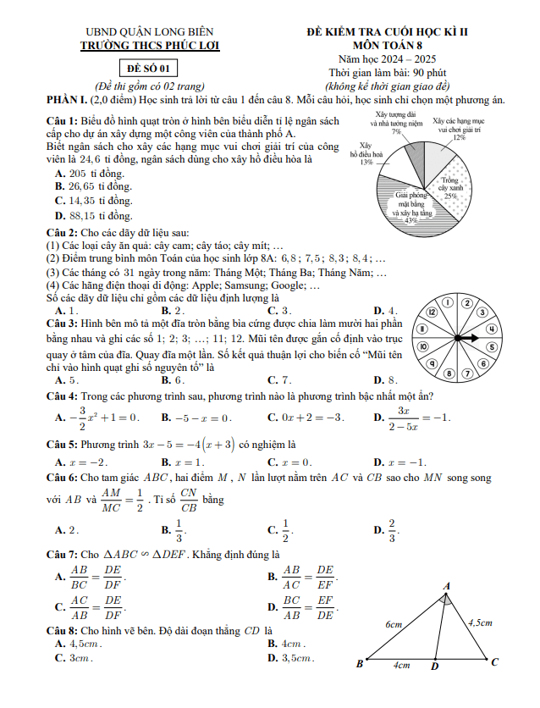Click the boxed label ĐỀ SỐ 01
(x=148, y=69)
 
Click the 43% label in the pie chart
(x=411, y=219)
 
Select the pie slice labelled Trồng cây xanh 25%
(x=449, y=189)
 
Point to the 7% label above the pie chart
(x=396, y=132)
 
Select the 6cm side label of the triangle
(x=394, y=623)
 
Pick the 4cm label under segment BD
(x=401, y=666)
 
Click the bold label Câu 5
(x=62, y=443)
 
